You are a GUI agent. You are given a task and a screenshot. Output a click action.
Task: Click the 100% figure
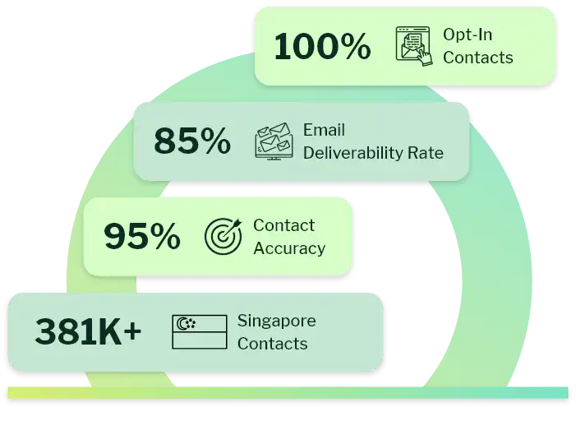[x=322, y=47]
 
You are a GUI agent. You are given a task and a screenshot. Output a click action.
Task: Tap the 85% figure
[x=192, y=141]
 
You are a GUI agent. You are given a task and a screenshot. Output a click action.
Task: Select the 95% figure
[x=142, y=237]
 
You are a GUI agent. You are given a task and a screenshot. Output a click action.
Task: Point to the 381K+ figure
[x=88, y=332]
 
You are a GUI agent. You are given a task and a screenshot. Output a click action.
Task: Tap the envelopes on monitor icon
[x=274, y=141]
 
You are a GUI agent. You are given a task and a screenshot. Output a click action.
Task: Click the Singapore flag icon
[x=199, y=332]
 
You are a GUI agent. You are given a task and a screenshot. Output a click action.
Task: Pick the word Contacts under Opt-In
[x=477, y=58]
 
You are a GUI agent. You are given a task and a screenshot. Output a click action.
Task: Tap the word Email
[x=324, y=130]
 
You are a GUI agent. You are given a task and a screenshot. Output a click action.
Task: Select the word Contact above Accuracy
[x=283, y=225]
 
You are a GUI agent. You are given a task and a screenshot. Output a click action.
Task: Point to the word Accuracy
[x=289, y=248]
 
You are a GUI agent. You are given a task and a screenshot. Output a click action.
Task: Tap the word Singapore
[x=276, y=321]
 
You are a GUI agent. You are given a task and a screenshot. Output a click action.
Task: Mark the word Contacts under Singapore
[x=272, y=344]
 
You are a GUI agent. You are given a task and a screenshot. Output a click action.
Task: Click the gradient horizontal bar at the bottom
[x=288, y=393]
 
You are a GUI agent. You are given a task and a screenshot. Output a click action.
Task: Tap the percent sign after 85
[x=215, y=141]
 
